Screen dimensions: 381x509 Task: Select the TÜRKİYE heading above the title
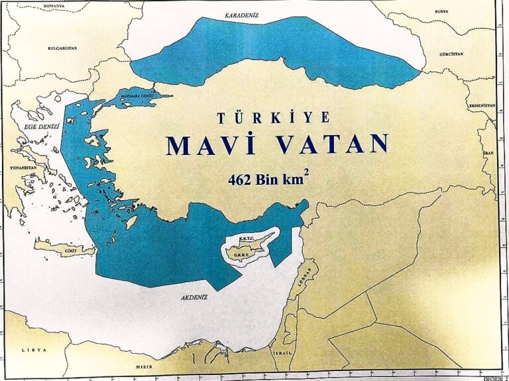273,118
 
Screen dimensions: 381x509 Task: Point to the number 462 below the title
239,179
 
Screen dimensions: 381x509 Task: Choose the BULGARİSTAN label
64,48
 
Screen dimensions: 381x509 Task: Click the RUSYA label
441,11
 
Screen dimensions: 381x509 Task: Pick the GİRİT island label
68,252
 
